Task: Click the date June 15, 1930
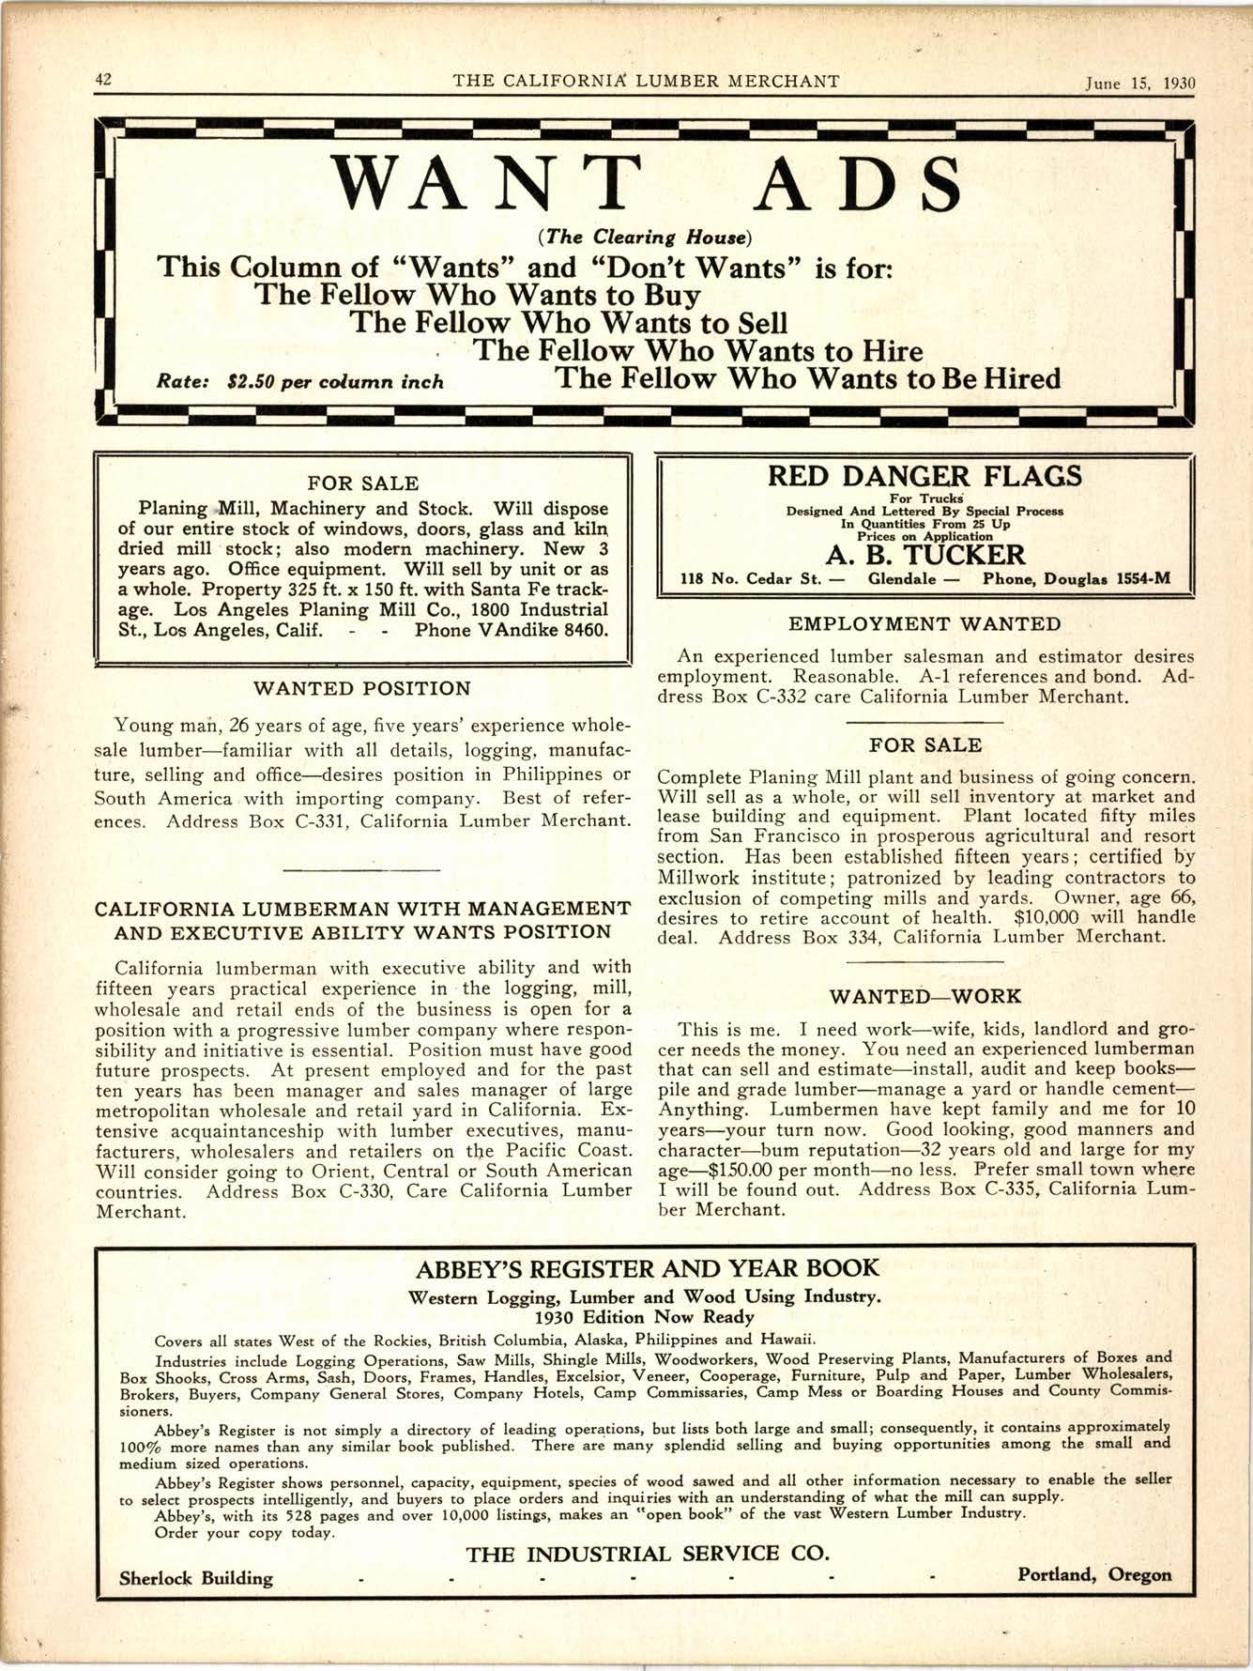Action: pyautogui.click(x=1140, y=83)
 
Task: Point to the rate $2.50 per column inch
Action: pyautogui.click(x=299, y=383)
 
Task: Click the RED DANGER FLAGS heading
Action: pyautogui.click(x=924, y=476)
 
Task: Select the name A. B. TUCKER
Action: pyautogui.click(x=924, y=555)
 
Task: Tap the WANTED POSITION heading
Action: pyautogui.click(x=362, y=689)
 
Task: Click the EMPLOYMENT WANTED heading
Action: pyautogui.click(x=924, y=624)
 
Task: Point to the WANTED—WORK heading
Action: pyautogui.click(x=924, y=996)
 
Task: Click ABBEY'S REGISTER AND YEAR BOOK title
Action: pyautogui.click(x=647, y=1269)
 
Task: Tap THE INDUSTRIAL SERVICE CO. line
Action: pyautogui.click(x=647, y=1554)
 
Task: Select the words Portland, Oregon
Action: pyautogui.click(x=1094, y=1574)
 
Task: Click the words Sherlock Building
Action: pyautogui.click(x=196, y=1578)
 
